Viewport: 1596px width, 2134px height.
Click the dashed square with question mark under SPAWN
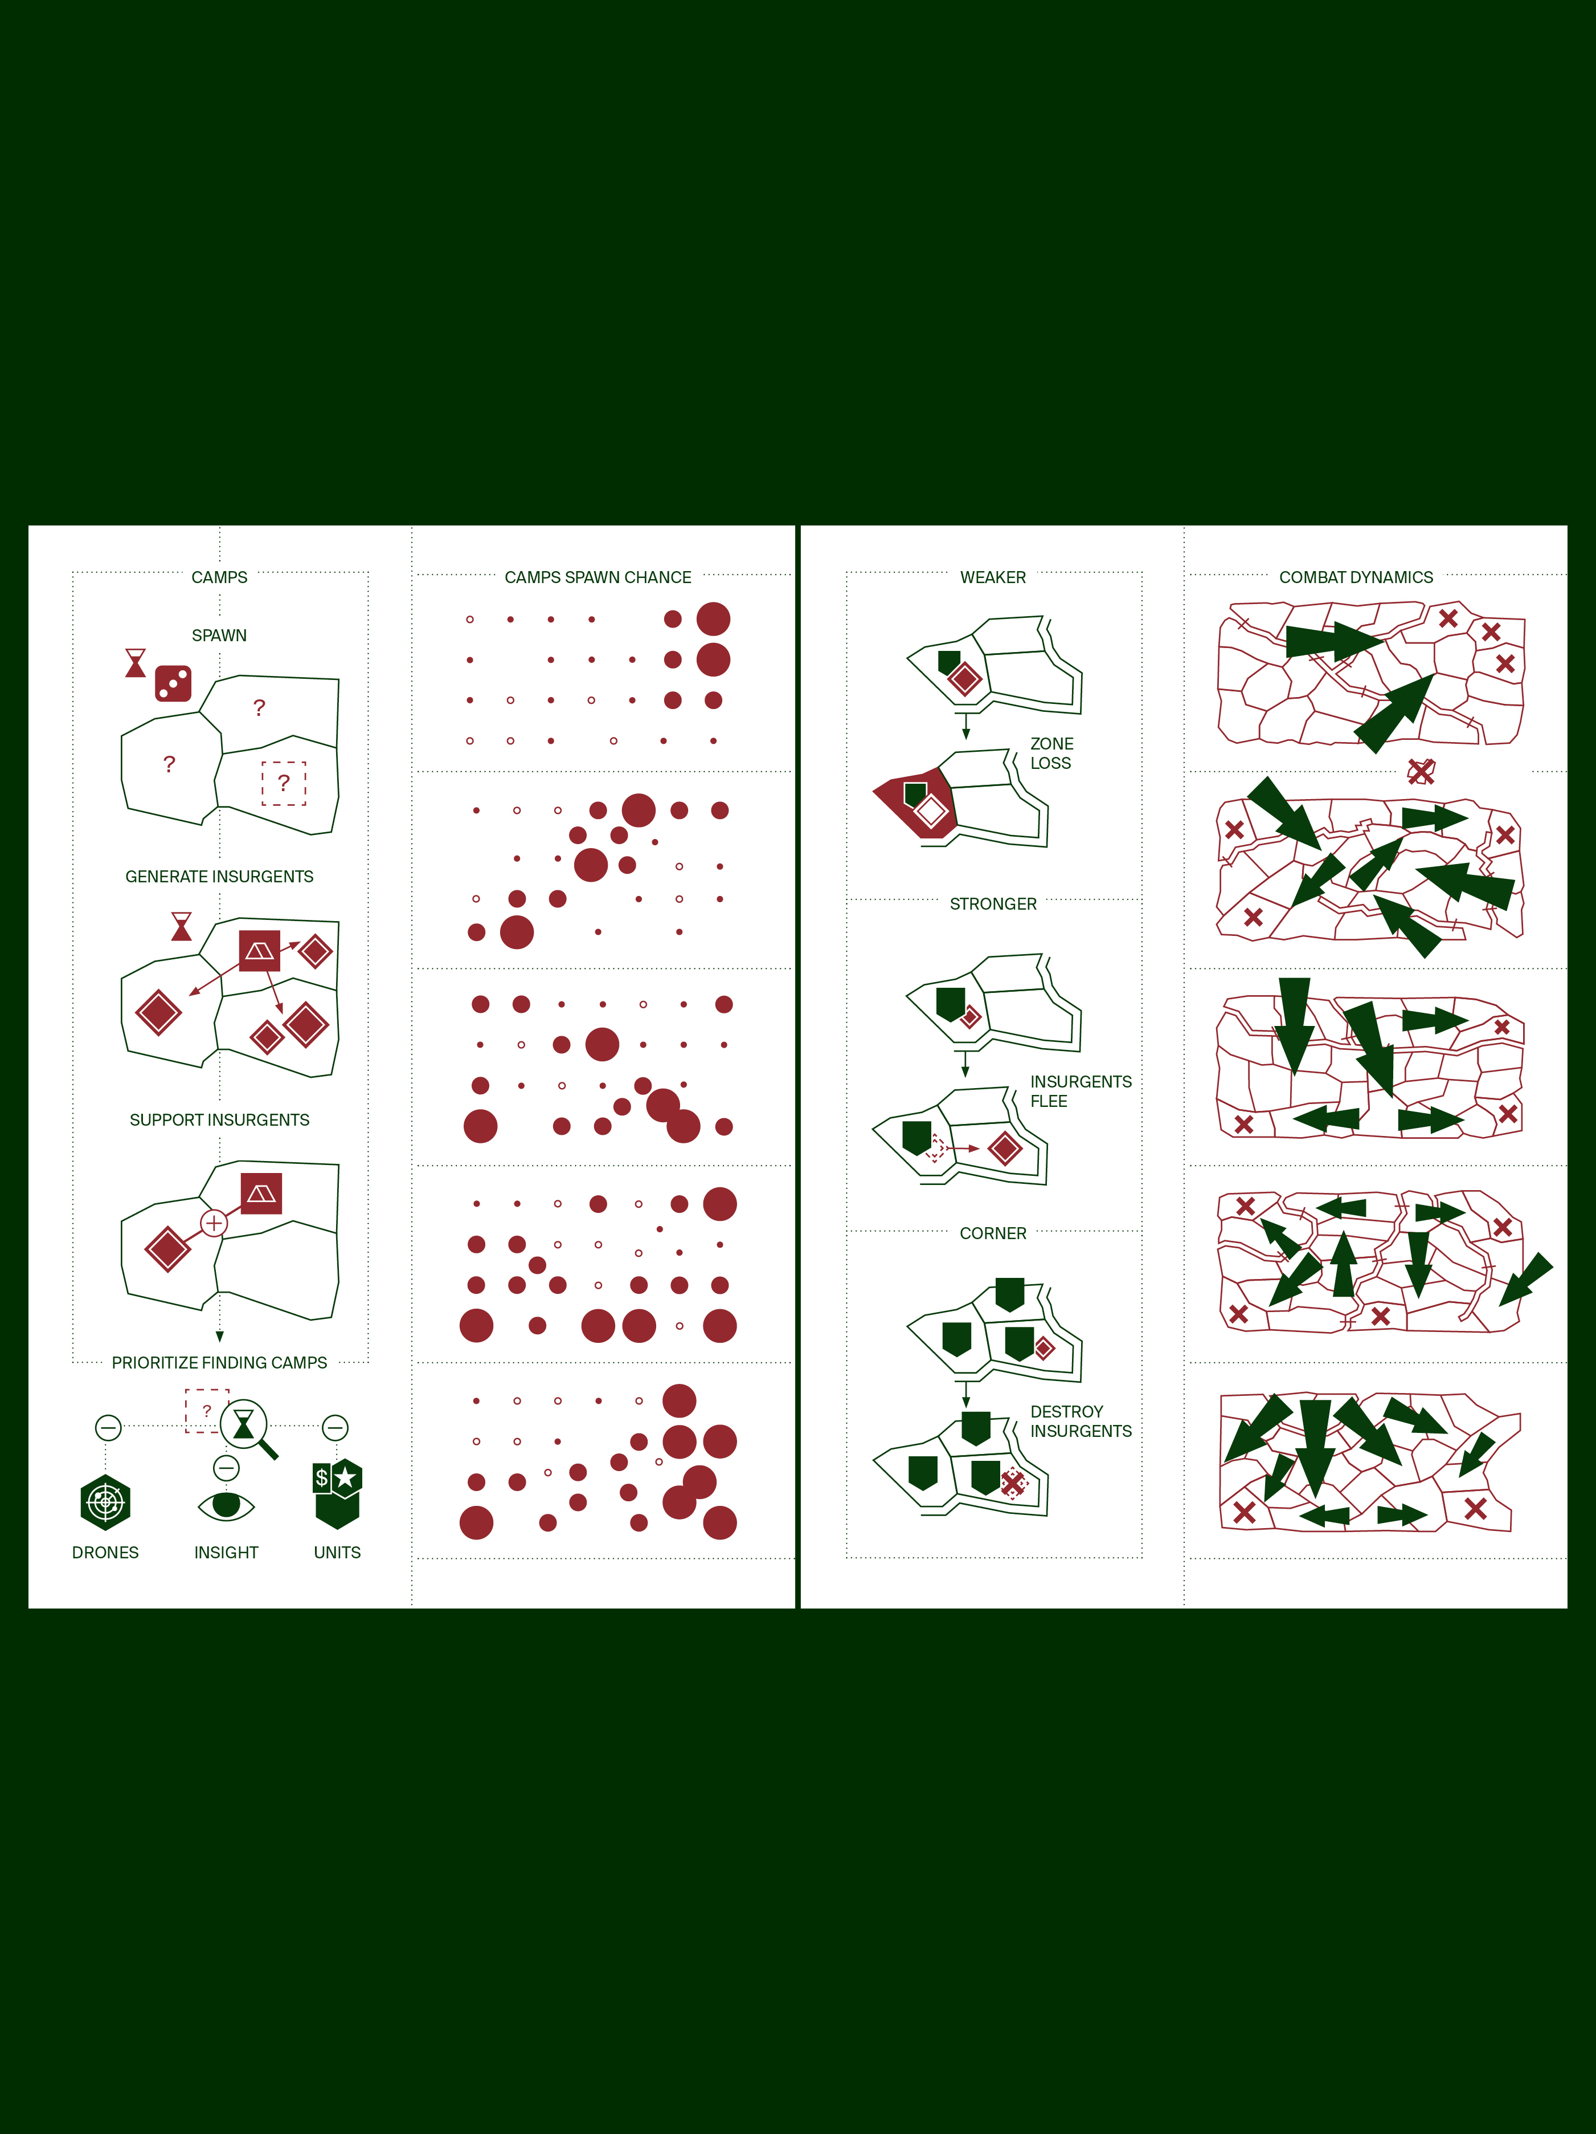point(284,783)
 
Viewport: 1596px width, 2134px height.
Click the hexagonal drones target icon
point(105,1502)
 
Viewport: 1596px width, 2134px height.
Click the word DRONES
point(105,1552)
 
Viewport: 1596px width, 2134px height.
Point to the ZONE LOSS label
point(1051,752)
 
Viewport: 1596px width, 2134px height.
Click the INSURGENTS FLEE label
point(1080,1091)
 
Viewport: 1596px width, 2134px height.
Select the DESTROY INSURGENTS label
point(1080,1421)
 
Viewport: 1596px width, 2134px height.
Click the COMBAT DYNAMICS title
point(1355,577)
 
